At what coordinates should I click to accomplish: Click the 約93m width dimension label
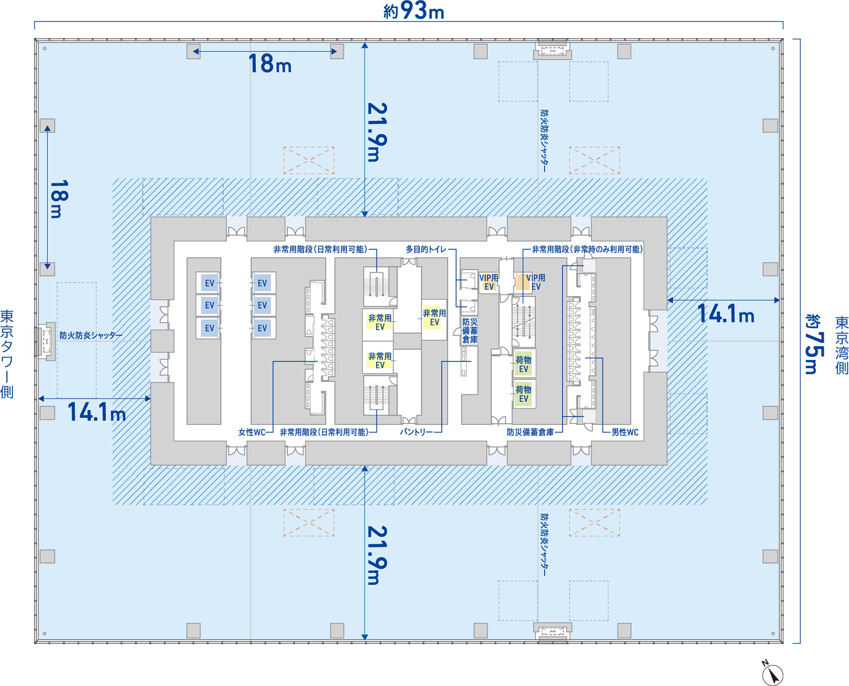coord(414,11)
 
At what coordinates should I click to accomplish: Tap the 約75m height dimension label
coord(815,344)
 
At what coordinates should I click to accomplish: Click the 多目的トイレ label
coord(426,249)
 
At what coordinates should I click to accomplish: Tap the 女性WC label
coord(252,432)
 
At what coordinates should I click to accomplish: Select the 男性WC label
coord(625,432)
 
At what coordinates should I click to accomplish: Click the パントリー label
coord(416,432)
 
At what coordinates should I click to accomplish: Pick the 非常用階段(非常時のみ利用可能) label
coord(587,249)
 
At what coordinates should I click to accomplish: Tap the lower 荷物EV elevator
coord(524,394)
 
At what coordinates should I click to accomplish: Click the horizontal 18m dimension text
coord(270,64)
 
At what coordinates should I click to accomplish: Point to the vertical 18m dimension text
coord(60,199)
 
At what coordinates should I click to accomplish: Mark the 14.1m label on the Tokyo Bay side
coord(726,314)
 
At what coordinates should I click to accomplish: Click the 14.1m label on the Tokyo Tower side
coord(97,412)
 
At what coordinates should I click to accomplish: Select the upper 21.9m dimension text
coord(378,132)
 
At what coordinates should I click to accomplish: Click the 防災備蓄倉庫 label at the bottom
coord(530,432)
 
